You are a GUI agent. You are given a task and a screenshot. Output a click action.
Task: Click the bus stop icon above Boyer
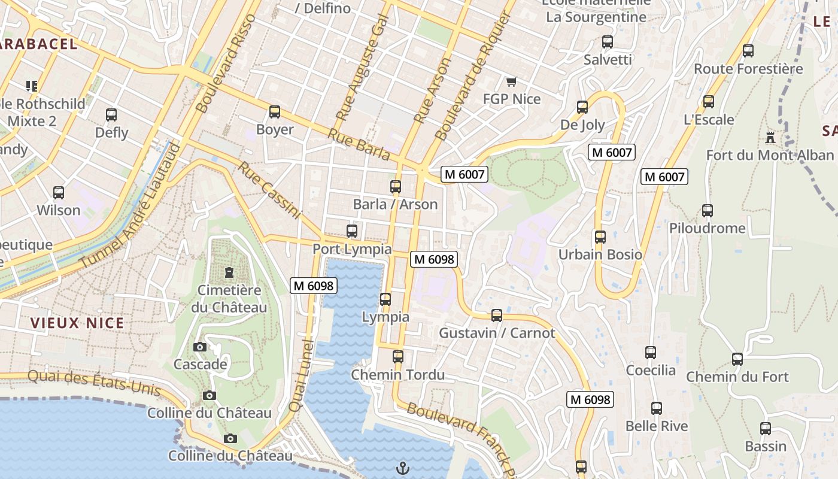tap(275, 112)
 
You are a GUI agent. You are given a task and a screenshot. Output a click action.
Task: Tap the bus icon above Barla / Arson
tap(396, 187)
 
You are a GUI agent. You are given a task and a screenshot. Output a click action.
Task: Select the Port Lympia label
tap(352, 249)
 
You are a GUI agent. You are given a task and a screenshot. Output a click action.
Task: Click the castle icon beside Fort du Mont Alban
tap(770, 138)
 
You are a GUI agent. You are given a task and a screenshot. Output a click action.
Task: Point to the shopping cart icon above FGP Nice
tap(511, 81)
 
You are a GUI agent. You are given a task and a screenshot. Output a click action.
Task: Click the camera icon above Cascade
tap(200, 347)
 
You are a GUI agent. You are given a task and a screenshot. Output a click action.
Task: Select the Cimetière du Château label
tap(229, 299)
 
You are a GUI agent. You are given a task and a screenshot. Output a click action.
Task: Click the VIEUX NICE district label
tap(77, 323)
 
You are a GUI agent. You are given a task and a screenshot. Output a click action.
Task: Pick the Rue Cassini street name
tap(270, 190)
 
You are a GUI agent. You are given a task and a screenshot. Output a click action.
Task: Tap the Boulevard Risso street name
tap(226, 63)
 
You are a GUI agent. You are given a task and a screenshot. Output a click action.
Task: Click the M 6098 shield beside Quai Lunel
tap(314, 286)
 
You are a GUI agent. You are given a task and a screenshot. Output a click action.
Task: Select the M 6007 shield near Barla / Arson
tap(464, 175)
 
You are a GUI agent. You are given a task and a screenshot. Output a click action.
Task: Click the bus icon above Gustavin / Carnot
tap(497, 316)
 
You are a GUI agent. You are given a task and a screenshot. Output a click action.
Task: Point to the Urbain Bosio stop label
tap(600, 254)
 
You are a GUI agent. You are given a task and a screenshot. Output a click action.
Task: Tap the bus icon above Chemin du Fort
tap(737, 359)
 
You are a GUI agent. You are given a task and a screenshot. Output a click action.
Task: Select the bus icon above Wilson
tap(59, 193)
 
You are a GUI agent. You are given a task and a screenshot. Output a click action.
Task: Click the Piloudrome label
tap(707, 228)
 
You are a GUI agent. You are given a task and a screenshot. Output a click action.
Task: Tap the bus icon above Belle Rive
tap(657, 408)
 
